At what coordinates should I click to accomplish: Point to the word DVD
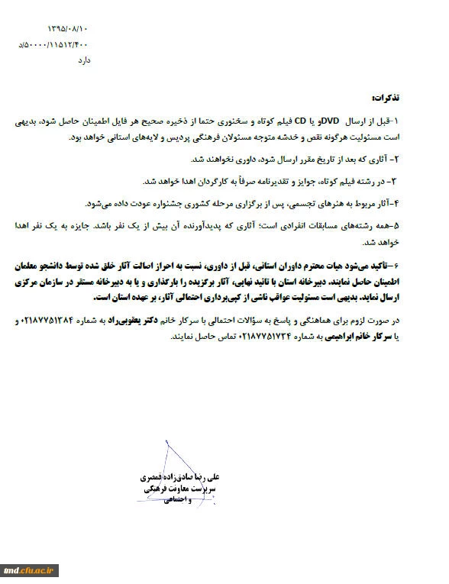tap(330, 121)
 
